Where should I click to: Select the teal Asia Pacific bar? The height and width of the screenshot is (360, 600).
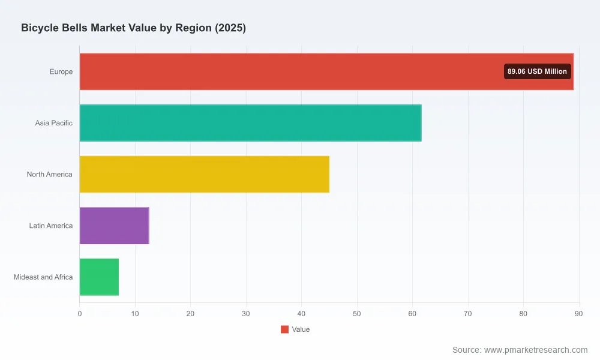(x=251, y=123)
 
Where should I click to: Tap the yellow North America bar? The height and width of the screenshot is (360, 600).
(x=205, y=174)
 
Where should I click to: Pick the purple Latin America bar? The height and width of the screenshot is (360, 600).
(x=115, y=226)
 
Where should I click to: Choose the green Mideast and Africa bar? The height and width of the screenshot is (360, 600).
(x=99, y=277)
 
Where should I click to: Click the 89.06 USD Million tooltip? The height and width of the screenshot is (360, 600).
(x=537, y=71)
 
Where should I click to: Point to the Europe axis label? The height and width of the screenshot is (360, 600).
(x=61, y=71)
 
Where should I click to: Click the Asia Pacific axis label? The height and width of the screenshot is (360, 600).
(x=54, y=123)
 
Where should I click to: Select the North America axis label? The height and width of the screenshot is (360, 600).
(x=50, y=175)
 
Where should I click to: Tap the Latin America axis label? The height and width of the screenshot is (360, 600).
(x=51, y=226)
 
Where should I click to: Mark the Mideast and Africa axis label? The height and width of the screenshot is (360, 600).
(x=43, y=277)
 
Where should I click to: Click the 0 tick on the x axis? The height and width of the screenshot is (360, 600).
(x=80, y=314)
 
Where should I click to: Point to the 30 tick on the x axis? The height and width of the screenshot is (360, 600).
(x=246, y=314)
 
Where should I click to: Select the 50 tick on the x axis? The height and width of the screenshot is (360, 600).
(x=357, y=314)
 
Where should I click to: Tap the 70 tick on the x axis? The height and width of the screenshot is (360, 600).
(x=468, y=314)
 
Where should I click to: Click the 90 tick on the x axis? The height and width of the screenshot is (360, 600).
(x=579, y=314)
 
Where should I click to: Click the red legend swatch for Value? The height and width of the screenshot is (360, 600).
(x=284, y=329)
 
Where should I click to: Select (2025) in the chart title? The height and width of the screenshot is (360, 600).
(x=230, y=28)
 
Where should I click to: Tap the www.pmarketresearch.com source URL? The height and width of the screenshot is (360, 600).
(x=536, y=350)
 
